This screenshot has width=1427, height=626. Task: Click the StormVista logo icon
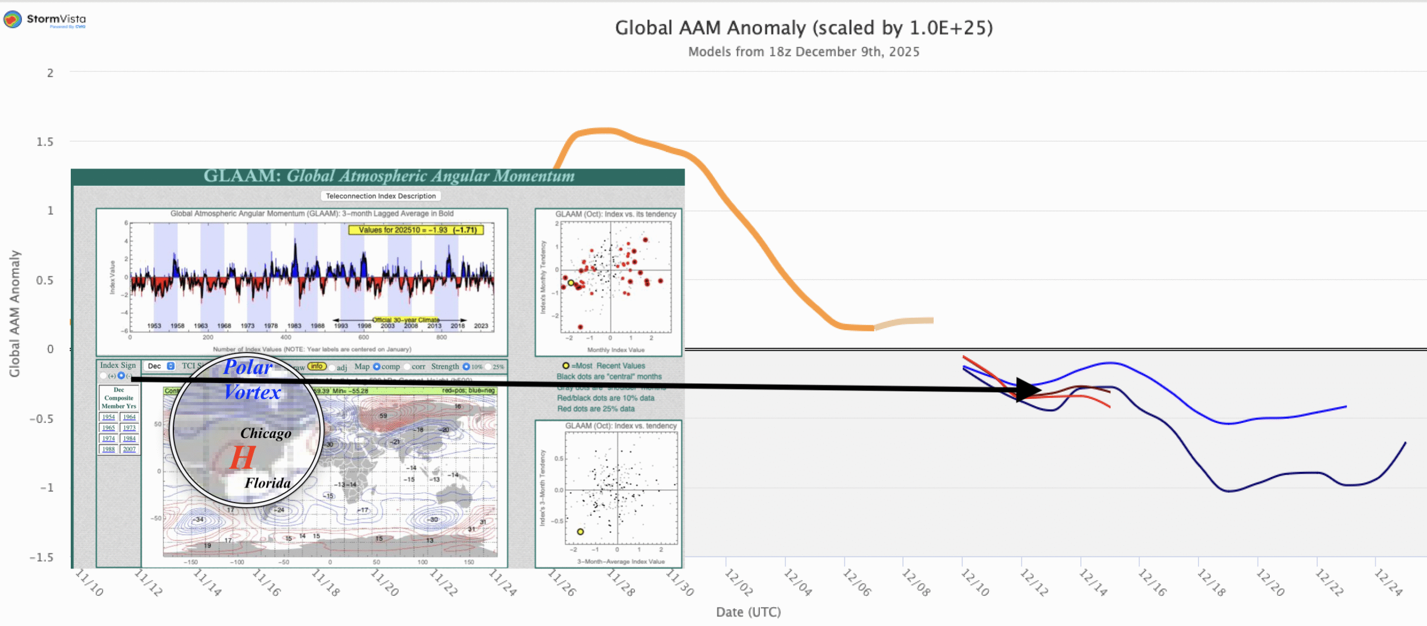pyautogui.click(x=12, y=20)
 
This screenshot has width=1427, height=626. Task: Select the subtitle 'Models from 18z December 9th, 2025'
pyautogui.click(x=803, y=52)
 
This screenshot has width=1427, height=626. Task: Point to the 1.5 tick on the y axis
pyautogui.click(x=45, y=142)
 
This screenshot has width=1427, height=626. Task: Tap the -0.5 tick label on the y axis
pyautogui.click(x=42, y=419)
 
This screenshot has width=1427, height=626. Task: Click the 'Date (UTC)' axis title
pyautogui.click(x=748, y=612)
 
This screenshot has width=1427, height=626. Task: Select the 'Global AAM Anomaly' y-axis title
pyautogui.click(x=14, y=314)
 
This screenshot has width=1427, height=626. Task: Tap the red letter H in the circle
pyautogui.click(x=242, y=458)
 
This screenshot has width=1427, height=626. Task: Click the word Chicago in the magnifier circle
pyautogui.click(x=266, y=434)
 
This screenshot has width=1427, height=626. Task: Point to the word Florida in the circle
pyautogui.click(x=268, y=483)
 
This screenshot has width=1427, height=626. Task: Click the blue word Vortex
pyautogui.click(x=253, y=392)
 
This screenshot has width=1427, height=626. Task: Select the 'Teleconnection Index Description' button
pyautogui.click(x=381, y=196)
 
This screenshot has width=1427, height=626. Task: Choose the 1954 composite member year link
pyautogui.click(x=108, y=417)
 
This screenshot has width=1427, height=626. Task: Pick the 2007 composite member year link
pyautogui.click(x=129, y=449)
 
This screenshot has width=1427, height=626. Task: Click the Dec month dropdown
pyautogui.click(x=161, y=366)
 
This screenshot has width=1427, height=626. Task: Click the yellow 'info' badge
pyautogui.click(x=317, y=366)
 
